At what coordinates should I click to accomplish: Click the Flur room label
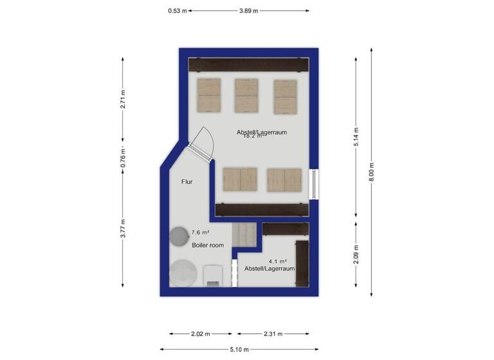187,182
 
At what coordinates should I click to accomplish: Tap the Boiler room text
208,246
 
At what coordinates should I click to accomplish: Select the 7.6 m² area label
200,232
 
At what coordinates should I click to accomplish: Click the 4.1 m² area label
277,261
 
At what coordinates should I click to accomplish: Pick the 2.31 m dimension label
273,334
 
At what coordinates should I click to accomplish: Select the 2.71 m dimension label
123,98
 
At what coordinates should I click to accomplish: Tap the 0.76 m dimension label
123,159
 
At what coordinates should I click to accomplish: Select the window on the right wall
313,183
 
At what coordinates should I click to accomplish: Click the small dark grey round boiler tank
178,237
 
